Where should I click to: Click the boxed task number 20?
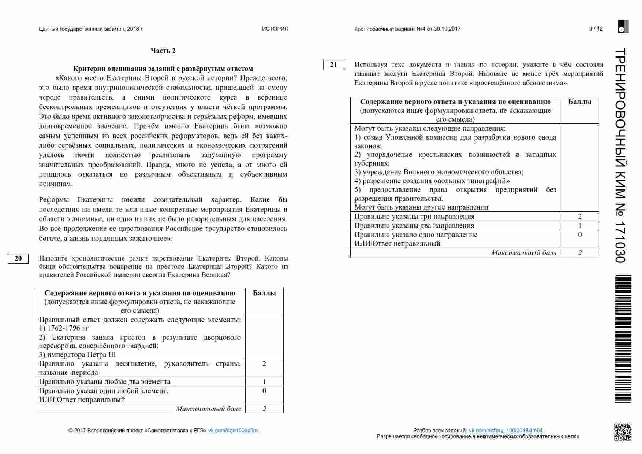click(x=18, y=259)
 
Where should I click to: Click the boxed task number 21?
click(x=333, y=65)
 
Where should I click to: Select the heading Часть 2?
click(x=163, y=51)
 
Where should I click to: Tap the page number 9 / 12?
click(x=596, y=29)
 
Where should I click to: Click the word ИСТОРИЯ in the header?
click(x=275, y=29)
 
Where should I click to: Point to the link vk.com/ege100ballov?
click(x=233, y=431)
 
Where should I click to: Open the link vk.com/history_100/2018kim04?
click(x=505, y=431)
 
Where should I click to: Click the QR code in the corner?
click(x=623, y=432)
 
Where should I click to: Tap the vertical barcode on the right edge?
click(x=623, y=339)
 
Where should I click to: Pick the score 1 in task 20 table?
click(x=264, y=382)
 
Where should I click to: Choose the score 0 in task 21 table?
click(x=580, y=235)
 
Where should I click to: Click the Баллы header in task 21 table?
click(x=580, y=102)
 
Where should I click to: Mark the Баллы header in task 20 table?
click(x=264, y=293)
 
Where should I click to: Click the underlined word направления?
click(x=483, y=129)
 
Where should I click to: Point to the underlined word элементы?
click(x=223, y=320)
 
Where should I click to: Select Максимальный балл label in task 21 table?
click(x=523, y=253)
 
